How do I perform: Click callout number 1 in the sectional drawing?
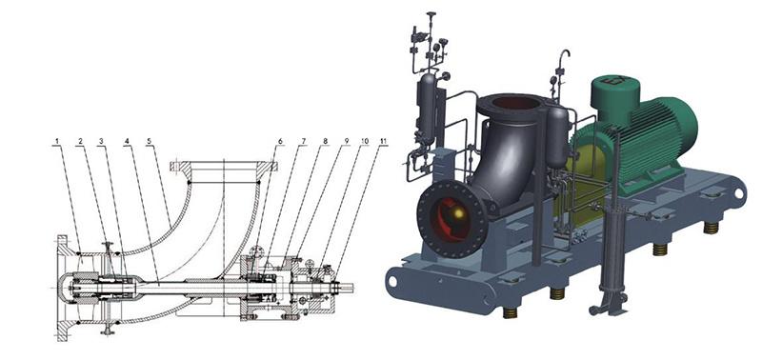click(x=56, y=142)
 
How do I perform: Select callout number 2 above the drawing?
click(x=80, y=142)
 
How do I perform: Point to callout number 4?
click(x=127, y=142)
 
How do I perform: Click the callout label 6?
click(x=280, y=142)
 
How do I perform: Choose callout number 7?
click(x=302, y=142)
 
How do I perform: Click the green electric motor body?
click(x=648, y=138)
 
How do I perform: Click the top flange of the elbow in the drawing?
click(x=225, y=166)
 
